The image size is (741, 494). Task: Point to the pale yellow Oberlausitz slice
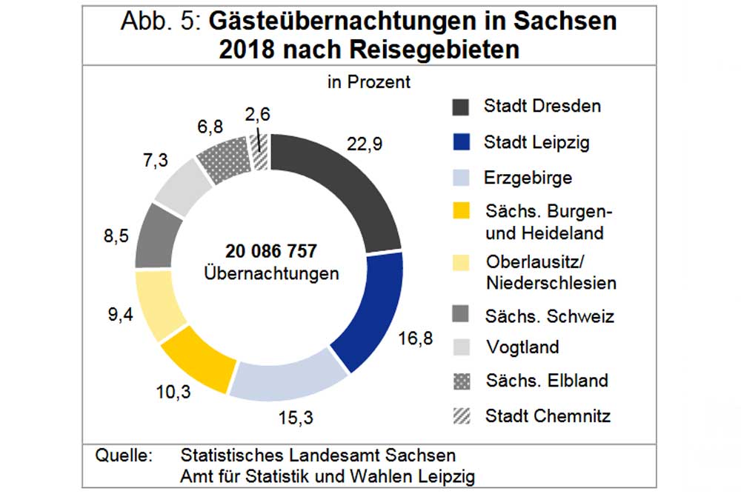pyautogui.click(x=160, y=303)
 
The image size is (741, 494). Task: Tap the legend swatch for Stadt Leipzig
pyautogui.click(x=462, y=142)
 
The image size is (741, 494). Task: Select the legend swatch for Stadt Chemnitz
pyautogui.click(x=462, y=415)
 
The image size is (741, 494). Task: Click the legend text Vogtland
pyautogui.click(x=522, y=347)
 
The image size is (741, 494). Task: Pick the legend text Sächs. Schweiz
pyautogui.click(x=549, y=316)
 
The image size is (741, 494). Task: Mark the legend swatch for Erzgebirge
pyautogui.click(x=462, y=178)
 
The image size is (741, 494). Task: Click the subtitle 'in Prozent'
pyautogui.click(x=368, y=81)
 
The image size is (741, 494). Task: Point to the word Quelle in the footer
pyautogui.click(x=123, y=454)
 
